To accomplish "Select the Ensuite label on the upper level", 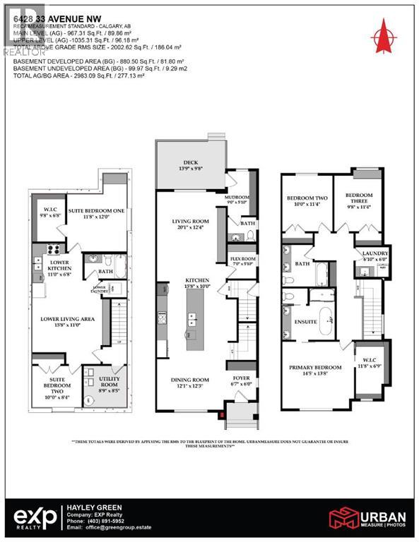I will click(305, 321).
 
